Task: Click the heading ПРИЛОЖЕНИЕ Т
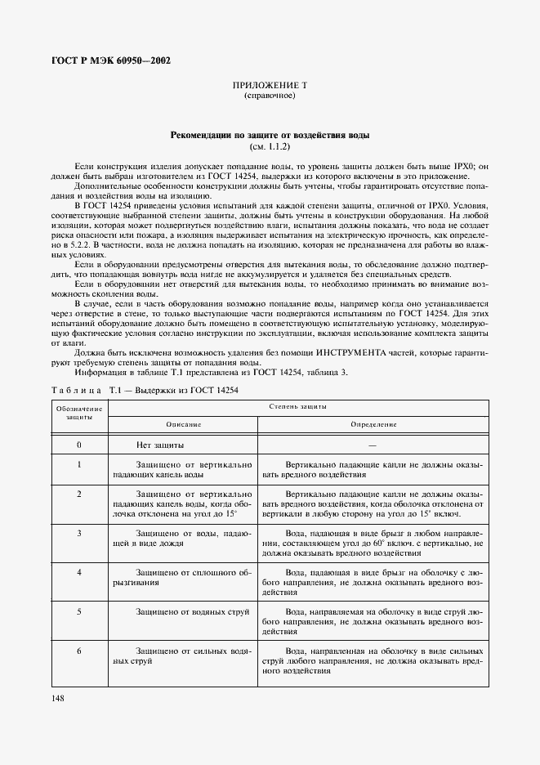point(270,86)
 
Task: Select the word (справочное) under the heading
point(270,96)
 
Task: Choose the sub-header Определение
point(373,424)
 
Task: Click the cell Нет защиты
point(159,445)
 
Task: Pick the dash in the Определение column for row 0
point(373,445)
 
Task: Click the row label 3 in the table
point(79,533)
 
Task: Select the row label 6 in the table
point(79,651)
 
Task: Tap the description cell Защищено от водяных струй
point(185,611)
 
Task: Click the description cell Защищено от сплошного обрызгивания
point(183,578)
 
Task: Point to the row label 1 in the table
point(79,464)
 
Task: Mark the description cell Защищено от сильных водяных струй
point(183,655)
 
